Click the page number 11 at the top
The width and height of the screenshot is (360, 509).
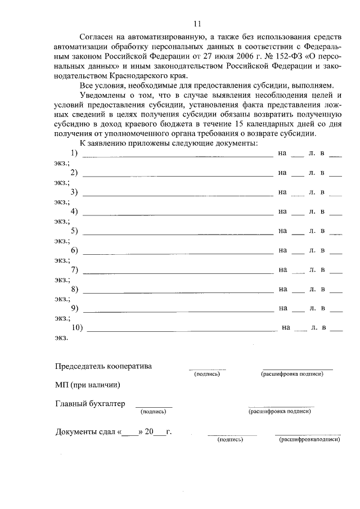196,24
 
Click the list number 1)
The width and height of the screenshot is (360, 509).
74,153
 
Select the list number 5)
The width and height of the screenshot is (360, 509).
74,230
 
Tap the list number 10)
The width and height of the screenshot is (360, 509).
77,327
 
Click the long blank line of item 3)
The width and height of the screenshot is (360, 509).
178,195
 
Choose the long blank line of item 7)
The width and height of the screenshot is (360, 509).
178,272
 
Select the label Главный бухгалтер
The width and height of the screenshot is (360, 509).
89,403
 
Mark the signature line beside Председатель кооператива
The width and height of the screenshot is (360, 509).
207,369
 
